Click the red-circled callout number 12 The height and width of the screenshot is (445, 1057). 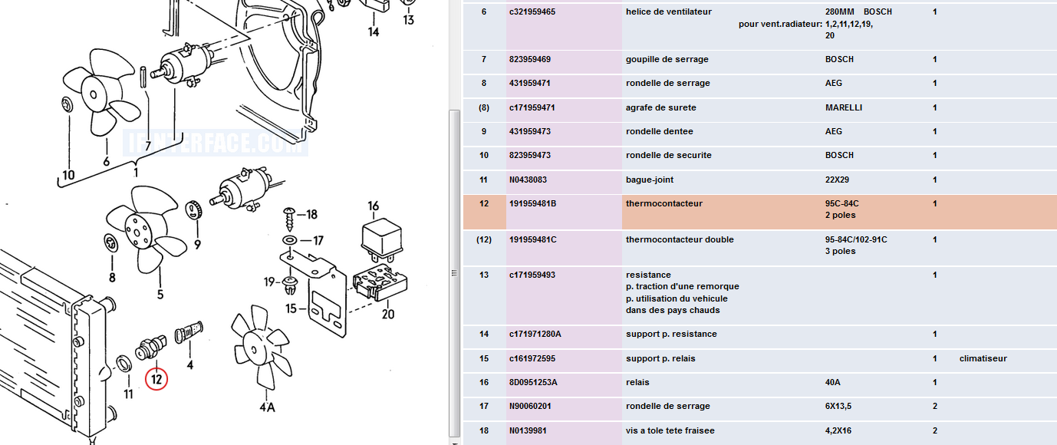pos(156,378)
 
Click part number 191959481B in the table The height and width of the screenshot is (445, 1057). pos(533,204)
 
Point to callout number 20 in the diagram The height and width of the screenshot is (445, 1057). pos(387,313)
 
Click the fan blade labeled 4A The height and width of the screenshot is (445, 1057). pos(262,349)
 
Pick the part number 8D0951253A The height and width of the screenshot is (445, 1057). pos(533,382)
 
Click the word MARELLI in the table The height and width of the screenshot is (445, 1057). pos(844,107)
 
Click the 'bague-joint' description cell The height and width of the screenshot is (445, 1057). pos(651,180)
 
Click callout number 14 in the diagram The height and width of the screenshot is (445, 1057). pos(374,32)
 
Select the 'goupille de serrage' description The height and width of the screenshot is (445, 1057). pos(667,59)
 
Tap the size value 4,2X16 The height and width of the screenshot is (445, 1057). pos(838,430)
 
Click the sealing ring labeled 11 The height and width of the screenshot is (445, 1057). pos(122,364)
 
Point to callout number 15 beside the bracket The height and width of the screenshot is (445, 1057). pos(291,308)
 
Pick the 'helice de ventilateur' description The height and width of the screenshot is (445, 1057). pos(669,12)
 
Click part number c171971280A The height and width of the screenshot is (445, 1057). pos(535,334)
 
